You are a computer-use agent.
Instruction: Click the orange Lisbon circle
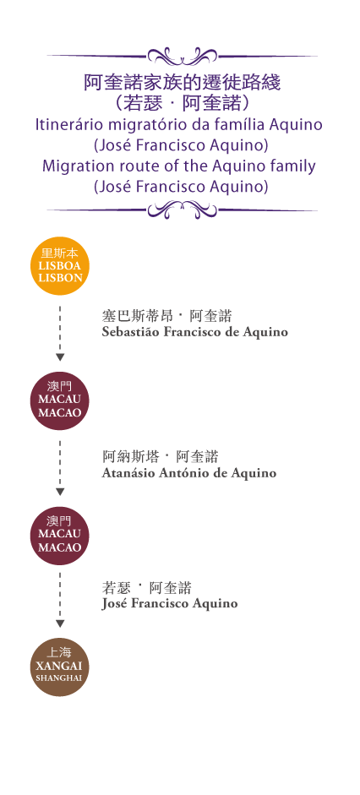tap(60, 266)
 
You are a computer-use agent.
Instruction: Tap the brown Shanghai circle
tap(60, 667)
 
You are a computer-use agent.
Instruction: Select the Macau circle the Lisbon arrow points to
tap(60, 401)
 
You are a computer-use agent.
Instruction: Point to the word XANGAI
tap(60, 667)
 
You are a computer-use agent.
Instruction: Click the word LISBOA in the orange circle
tap(60, 266)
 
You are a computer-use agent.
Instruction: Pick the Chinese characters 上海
tap(60, 652)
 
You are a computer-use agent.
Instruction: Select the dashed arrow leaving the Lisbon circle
tap(60, 334)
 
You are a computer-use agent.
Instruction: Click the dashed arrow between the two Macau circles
tap(60, 467)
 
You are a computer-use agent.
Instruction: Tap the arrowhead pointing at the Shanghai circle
tap(60, 624)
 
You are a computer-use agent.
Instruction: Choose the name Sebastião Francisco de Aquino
tap(194, 332)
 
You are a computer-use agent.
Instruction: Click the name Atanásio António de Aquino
tap(189, 473)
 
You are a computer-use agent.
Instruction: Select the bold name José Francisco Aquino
tap(169, 603)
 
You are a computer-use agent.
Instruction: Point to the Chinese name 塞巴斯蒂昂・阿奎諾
tap(166, 316)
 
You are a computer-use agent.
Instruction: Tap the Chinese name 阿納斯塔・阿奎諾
tap(161, 457)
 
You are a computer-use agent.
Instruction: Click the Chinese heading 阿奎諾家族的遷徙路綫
tap(182, 83)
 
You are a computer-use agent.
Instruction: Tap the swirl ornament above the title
tap(182, 55)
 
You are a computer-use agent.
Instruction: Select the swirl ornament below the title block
tap(182, 209)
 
